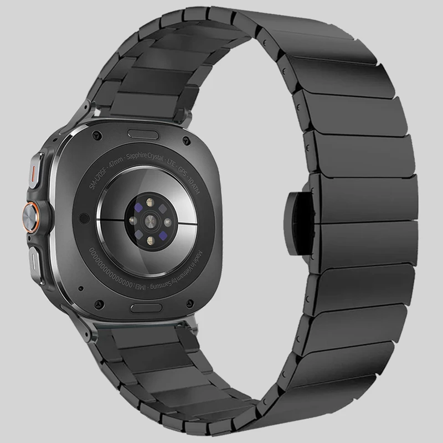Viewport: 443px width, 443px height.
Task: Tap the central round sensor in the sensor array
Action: coord(149,219)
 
